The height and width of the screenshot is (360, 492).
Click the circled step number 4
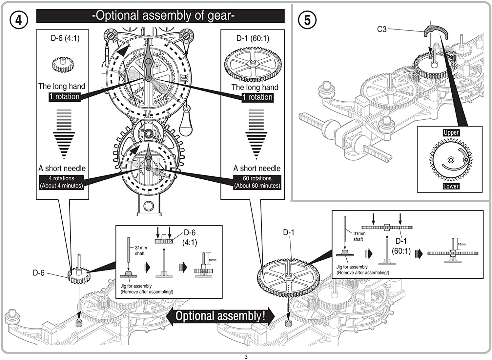click(x=19, y=20)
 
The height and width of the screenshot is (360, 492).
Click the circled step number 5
click(x=307, y=20)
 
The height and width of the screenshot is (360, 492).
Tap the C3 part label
click(x=382, y=29)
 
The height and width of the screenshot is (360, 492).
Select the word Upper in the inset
click(x=451, y=132)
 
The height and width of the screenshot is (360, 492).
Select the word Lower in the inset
click(x=451, y=186)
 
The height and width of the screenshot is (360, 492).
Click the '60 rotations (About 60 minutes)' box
click(x=257, y=182)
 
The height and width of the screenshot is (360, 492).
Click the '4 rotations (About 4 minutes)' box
click(x=61, y=182)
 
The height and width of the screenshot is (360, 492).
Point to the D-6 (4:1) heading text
click(x=65, y=38)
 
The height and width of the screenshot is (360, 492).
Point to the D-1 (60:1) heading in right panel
click(x=253, y=38)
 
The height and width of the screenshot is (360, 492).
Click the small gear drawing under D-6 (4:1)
click(x=63, y=64)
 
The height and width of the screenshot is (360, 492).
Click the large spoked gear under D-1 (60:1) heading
click(x=253, y=64)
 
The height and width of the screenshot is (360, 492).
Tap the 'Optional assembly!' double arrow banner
click(x=220, y=316)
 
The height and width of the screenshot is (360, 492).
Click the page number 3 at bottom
click(x=246, y=357)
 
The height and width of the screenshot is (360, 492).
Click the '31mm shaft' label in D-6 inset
click(x=141, y=250)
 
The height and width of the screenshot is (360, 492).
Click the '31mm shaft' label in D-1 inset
click(x=359, y=236)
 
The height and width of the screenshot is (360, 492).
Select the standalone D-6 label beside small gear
click(x=38, y=273)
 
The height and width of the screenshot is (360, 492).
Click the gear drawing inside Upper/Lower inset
click(x=451, y=160)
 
